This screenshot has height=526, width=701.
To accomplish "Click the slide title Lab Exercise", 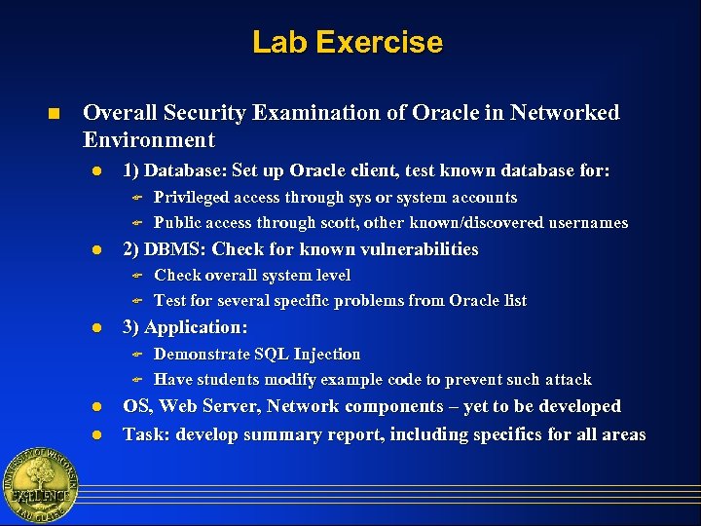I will pyautogui.click(x=347, y=43).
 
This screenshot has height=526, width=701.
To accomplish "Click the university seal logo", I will pyautogui.click(x=39, y=485).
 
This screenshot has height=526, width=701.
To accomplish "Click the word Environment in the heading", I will pyautogui.click(x=149, y=139).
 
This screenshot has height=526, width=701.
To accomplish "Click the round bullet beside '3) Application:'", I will pyautogui.click(x=97, y=328).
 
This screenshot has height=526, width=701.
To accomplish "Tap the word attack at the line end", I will pyautogui.click(x=567, y=380).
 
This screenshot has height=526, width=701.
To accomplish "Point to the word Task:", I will pyautogui.click(x=146, y=434).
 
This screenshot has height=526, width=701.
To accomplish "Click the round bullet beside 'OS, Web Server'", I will pyautogui.click(x=97, y=407).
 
